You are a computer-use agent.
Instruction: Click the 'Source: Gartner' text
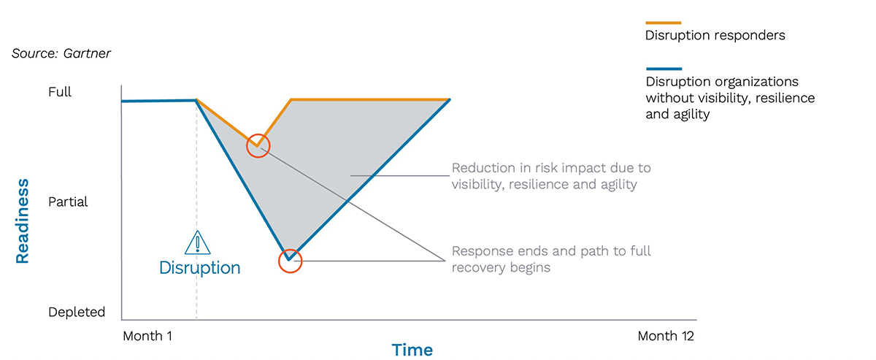pyautogui.click(x=61, y=53)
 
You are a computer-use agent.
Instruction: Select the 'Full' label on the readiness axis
pyautogui.click(x=60, y=93)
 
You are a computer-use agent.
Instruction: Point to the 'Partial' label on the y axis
pyautogui.click(x=68, y=202)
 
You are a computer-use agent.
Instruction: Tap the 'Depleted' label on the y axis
pyautogui.click(x=77, y=312)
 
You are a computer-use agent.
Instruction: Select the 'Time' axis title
pyautogui.click(x=412, y=350)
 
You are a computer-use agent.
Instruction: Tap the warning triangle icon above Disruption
pyautogui.click(x=197, y=242)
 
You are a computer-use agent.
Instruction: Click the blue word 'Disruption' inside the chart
pyautogui.click(x=199, y=268)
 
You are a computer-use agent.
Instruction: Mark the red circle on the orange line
pyautogui.click(x=257, y=145)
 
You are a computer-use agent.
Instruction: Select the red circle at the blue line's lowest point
pyautogui.click(x=290, y=261)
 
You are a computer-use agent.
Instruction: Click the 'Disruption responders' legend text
pyautogui.click(x=715, y=36)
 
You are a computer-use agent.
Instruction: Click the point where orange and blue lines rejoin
pyautogui.click(x=450, y=99)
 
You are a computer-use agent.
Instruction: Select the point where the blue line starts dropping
pyautogui.click(x=196, y=100)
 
